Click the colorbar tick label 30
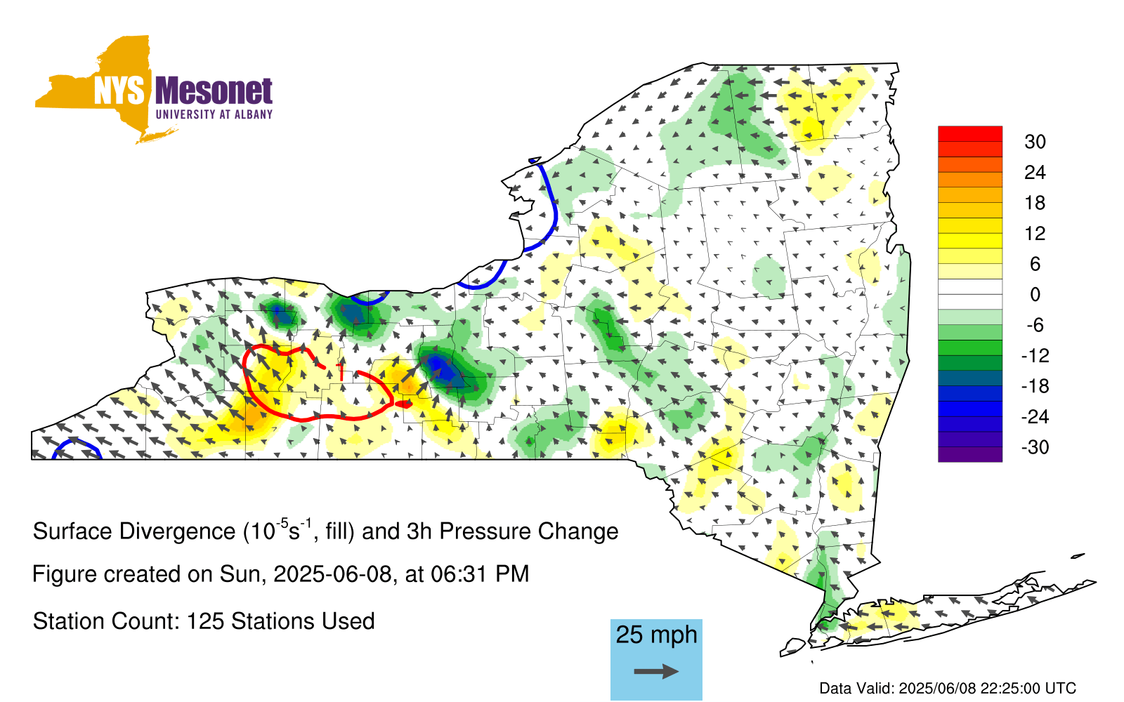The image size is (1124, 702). tap(1035, 142)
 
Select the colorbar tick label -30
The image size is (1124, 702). tap(1035, 446)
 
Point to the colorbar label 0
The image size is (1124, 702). tap(1035, 294)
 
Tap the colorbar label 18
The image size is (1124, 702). tap(1035, 203)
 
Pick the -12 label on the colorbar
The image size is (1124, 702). tap(1035, 355)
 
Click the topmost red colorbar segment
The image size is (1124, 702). tap(970, 134)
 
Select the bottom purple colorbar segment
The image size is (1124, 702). tap(970, 454)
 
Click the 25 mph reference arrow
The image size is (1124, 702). tap(656, 671)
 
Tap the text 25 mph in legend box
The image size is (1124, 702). tap(656, 635)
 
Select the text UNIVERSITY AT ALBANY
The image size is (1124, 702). tap(214, 114)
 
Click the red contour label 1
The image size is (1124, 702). tap(341, 371)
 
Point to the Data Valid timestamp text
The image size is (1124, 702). tap(948, 688)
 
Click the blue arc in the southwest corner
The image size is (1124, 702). tap(77, 441)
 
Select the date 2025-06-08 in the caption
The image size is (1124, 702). tap(332, 574)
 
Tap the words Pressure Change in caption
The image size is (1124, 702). tap(529, 531)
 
